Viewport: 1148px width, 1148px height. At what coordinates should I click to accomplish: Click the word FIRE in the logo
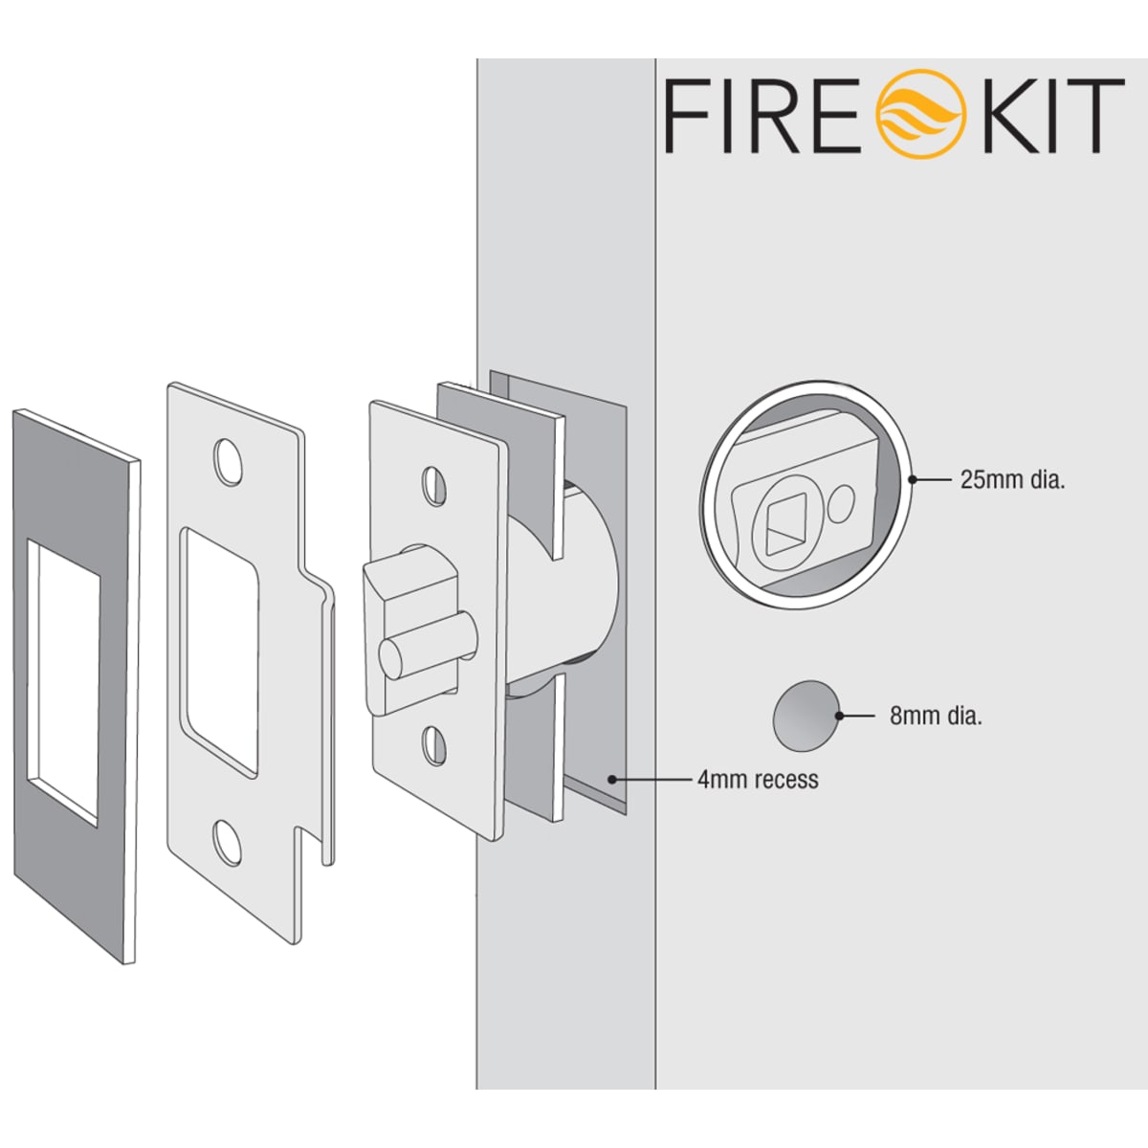(765, 116)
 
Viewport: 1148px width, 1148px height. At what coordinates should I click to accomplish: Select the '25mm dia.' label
(1012, 480)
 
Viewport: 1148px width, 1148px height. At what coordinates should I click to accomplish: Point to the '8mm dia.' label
(936, 716)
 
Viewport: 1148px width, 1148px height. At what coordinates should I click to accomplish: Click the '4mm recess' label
(758, 780)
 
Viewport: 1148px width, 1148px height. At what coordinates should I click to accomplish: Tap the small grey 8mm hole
(806, 716)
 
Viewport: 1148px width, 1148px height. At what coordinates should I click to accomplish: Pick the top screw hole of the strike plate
(229, 461)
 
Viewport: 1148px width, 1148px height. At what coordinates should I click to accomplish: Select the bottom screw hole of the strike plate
(228, 843)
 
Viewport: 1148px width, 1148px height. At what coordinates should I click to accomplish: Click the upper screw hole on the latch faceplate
(434, 486)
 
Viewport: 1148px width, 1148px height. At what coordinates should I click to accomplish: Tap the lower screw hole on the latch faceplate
(434, 745)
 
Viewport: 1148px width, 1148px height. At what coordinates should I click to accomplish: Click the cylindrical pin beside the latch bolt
(429, 649)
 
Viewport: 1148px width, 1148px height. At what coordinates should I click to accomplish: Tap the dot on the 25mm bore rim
(911, 479)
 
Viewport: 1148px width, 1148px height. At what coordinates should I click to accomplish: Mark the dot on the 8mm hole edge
(839, 716)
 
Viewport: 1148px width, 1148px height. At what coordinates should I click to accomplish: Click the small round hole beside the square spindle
(841, 502)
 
